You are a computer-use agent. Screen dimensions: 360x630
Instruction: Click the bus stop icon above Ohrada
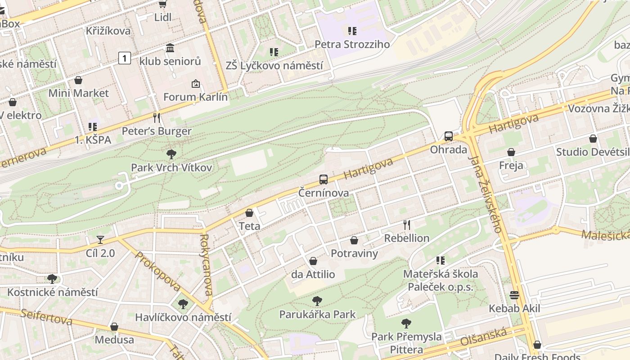[x=449, y=136]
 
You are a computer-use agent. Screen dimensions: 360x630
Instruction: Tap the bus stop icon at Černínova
[x=324, y=179]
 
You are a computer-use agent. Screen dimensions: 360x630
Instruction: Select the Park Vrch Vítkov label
[x=171, y=167]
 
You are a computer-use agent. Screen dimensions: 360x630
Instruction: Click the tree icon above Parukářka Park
[x=317, y=301]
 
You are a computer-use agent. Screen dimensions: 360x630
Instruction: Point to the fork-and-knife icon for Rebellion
[x=407, y=224]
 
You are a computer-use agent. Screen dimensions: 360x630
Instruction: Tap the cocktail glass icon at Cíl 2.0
[x=100, y=240]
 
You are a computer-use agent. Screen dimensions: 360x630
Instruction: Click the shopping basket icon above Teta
[x=249, y=212]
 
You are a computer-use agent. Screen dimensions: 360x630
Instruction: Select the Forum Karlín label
[x=195, y=97]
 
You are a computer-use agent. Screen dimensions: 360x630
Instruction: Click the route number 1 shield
[x=125, y=58]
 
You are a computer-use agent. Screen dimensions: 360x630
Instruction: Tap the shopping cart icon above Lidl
[x=162, y=4]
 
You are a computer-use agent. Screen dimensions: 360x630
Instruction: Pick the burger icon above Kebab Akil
[x=515, y=295]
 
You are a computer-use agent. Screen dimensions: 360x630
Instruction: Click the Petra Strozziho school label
[x=352, y=44]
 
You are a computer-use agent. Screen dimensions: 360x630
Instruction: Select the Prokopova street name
[x=157, y=271]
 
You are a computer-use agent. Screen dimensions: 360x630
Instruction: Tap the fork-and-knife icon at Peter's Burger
[x=157, y=118]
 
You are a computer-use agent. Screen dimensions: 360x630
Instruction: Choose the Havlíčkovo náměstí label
[x=183, y=317]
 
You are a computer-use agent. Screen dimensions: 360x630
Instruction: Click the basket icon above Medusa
[x=114, y=326]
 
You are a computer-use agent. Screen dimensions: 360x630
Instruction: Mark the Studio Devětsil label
[x=593, y=152]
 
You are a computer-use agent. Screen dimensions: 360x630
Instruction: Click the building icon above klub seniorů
[x=170, y=48]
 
